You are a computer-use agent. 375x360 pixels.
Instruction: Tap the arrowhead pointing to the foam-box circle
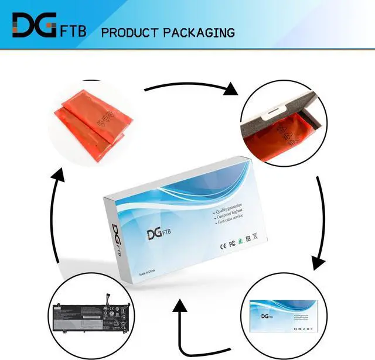(231, 89)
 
